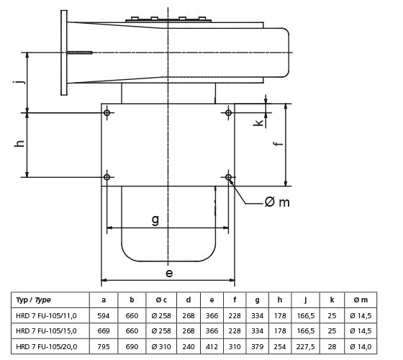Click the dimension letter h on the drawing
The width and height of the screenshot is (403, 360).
(19, 144)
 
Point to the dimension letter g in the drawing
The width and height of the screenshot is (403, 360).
(155, 220)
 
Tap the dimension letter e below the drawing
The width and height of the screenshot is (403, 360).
(168, 273)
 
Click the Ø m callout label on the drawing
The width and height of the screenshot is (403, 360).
(277, 202)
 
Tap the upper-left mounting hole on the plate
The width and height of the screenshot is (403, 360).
(107, 113)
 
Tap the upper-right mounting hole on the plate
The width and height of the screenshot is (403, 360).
(229, 113)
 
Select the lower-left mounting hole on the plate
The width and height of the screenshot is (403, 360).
(107, 176)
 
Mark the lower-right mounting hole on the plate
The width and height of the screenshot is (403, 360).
(229, 176)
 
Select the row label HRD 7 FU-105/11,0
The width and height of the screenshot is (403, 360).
(49, 315)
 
